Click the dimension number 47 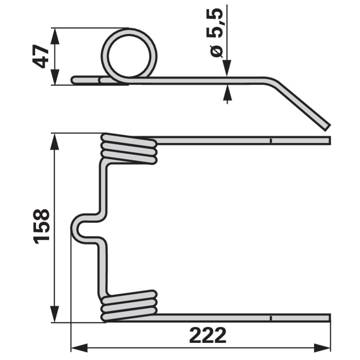pos(41,57)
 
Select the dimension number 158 pos(41,226)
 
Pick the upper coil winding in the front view pos(129,149)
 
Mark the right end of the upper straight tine pos(330,140)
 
